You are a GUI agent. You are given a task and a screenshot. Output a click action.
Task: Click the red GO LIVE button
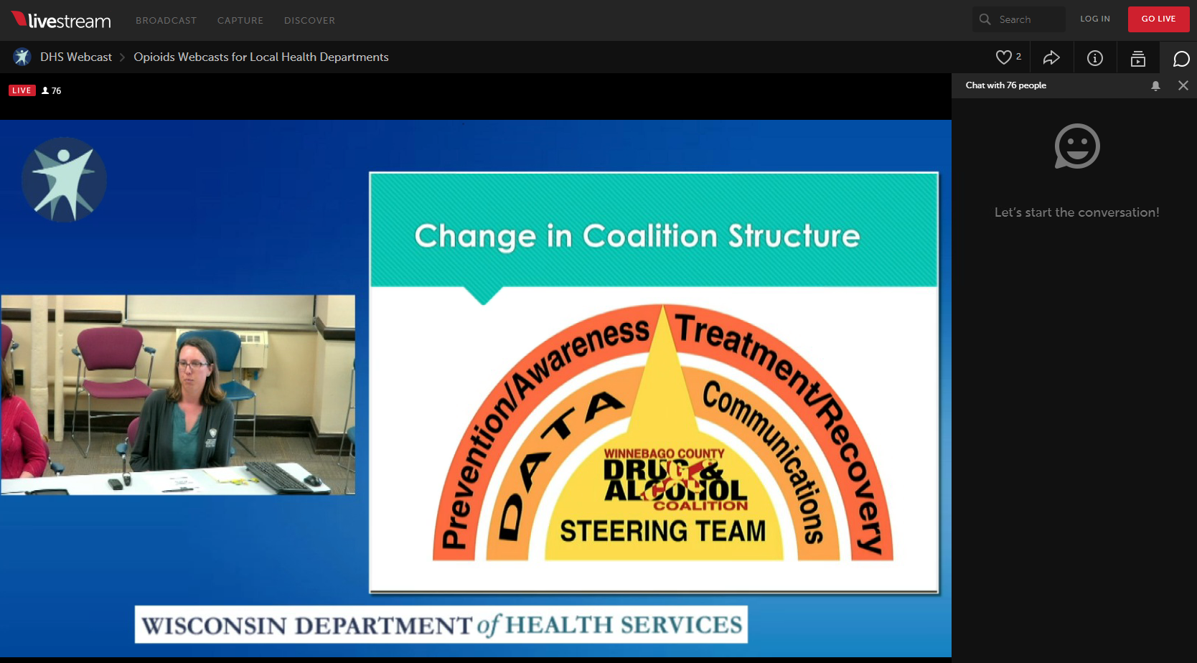coord(1158,19)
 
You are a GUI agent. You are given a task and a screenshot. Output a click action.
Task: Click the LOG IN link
coord(1095,19)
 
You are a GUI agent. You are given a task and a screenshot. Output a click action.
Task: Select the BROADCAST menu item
coord(166,20)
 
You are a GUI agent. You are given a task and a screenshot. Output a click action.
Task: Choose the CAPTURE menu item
coord(240,20)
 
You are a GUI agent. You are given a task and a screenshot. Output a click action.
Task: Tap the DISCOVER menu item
coord(309,20)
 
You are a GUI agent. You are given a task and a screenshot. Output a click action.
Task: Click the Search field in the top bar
coord(1018,20)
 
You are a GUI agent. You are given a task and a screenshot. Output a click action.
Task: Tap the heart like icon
coord(1003,57)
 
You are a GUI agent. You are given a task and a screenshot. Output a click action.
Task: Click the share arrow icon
coord(1051,57)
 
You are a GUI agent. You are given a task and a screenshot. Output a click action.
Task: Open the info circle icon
coord(1095,57)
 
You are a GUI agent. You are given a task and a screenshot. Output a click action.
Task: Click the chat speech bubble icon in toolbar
coord(1181,58)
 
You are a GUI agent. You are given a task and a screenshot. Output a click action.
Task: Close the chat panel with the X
coord(1183,85)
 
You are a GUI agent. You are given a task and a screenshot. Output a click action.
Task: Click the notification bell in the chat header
coord(1155,85)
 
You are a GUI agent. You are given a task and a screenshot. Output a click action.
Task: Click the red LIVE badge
coord(22,90)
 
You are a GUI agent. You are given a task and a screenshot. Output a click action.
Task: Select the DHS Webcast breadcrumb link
coord(76,57)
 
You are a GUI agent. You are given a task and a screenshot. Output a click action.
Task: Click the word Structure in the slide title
coord(794,236)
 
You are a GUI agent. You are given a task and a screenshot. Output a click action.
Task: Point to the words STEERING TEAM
coord(662,531)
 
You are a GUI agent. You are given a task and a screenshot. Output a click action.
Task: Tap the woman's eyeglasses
coord(192,365)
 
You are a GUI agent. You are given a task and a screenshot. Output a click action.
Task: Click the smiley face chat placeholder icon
coord(1076,146)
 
